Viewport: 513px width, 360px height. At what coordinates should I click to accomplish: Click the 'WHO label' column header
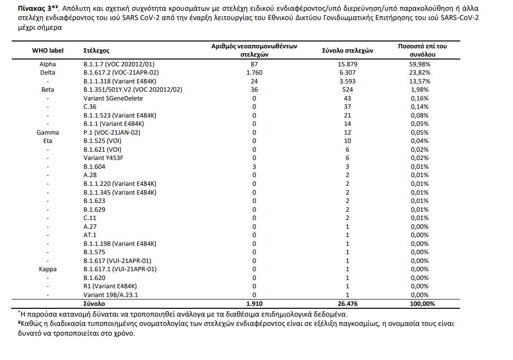(x=48, y=51)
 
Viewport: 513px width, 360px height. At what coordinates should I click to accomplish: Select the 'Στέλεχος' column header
(x=97, y=51)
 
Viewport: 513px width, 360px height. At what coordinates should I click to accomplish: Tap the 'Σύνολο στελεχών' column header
(x=348, y=51)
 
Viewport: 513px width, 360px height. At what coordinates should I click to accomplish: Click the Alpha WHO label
(x=48, y=64)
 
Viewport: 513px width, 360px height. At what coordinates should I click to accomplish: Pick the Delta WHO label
(x=48, y=73)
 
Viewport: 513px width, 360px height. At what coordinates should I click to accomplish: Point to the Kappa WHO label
(x=48, y=269)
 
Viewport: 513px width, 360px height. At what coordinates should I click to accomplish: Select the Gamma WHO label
(x=48, y=133)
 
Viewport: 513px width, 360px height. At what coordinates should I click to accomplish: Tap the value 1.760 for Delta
(x=254, y=73)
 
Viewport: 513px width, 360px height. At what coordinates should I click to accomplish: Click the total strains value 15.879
(x=348, y=64)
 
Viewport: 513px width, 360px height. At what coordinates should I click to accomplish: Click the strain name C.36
(x=90, y=107)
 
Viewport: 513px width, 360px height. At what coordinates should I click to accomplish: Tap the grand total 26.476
(x=348, y=303)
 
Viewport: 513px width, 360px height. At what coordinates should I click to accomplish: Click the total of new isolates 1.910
(x=254, y=303)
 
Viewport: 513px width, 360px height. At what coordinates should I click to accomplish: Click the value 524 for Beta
(x=348, y=90)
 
